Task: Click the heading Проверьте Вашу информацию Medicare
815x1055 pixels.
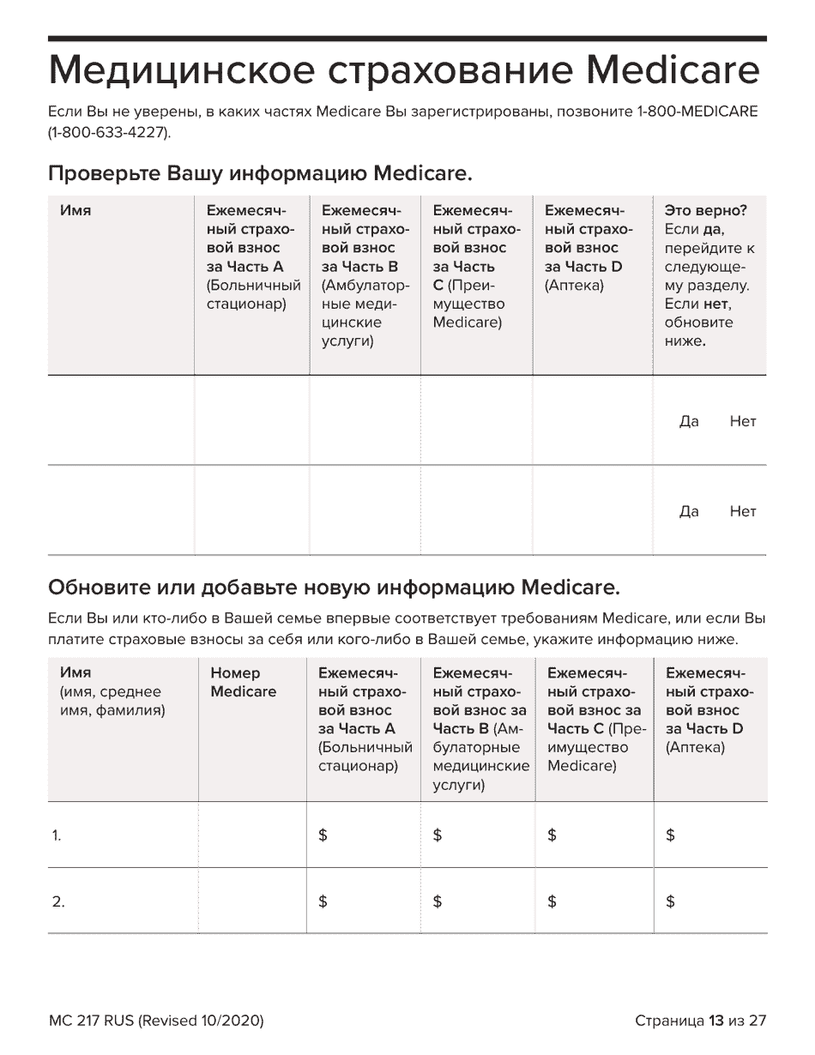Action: [260, 174]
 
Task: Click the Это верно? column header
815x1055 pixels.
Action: [705, 210]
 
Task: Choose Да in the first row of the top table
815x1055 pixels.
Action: [689, 421]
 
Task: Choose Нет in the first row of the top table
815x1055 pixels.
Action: [743, 421]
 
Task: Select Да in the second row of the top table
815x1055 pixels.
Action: [689, 511]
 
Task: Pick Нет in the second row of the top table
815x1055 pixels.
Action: [743, 511]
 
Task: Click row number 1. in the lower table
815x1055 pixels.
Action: [57, 836]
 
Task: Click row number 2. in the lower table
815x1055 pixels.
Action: [58, 901]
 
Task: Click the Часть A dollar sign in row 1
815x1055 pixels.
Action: [323, 835]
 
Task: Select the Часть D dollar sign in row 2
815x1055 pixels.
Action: [670, 901]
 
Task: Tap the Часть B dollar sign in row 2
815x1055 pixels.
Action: [438, 901]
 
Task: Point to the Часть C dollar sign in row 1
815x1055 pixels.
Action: [552, 835]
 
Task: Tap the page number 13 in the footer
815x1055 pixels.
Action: [716, 1021]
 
